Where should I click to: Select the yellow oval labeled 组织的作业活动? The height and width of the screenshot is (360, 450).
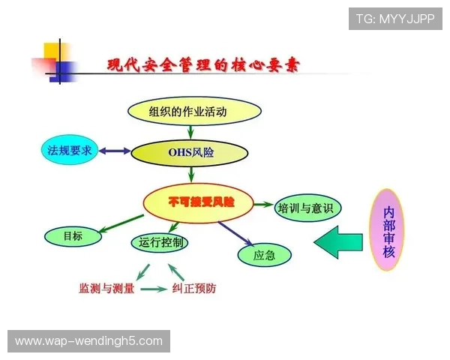pos(194,112)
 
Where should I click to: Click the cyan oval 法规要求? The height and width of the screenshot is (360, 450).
pos(68,151)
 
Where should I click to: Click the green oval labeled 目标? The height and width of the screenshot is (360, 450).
pos(73,236)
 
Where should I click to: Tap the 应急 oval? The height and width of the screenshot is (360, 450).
pos(264,256)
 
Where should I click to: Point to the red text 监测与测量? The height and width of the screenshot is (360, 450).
pos(106,289)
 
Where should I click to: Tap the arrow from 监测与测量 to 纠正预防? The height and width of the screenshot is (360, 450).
pos(153,289)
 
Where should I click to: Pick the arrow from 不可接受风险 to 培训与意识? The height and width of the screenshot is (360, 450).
pos(263,204)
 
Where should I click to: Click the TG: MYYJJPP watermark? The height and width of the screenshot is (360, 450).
pos(394,19)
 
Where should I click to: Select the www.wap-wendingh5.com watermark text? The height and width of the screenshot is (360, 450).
pos(88,341)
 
